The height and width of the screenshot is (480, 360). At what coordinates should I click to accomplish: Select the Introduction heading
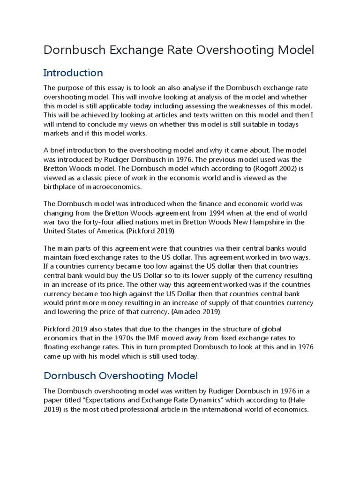(73, 73)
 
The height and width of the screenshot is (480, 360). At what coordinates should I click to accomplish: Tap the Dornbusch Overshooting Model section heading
(120, 375)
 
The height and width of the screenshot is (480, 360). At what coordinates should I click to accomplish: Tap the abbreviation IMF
(160, 337)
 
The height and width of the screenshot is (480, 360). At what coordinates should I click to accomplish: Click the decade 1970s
(131, 337)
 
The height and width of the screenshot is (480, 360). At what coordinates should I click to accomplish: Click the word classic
(96, 178)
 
